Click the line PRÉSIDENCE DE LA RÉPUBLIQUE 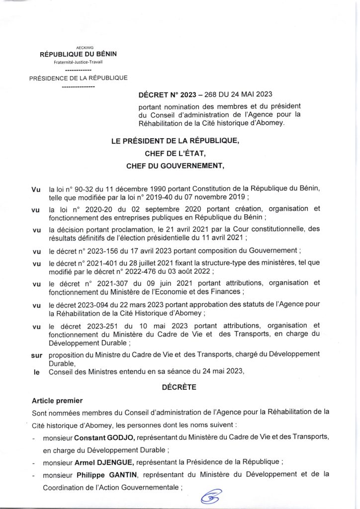(x=78, y=78)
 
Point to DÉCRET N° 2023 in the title (x=169, y=94)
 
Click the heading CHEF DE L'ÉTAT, (x=175, y=154)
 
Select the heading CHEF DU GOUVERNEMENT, (x=175, y=167)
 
